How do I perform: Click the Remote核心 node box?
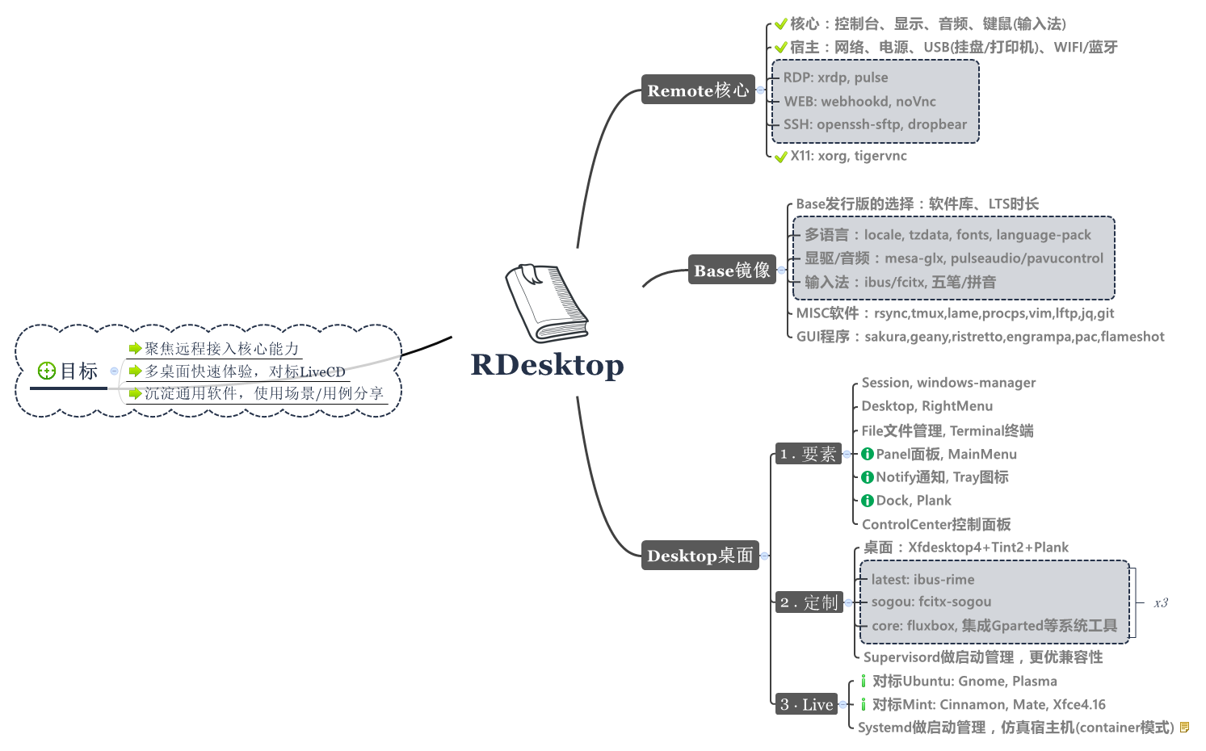pos(698,90)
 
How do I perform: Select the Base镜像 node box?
pos(732,270)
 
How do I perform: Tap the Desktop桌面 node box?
pos(700,556)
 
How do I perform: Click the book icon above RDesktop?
pos(546,303)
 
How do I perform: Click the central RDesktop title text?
pos(547,365)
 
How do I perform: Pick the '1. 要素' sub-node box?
pos(807,454)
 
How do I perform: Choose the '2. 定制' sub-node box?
pos(808,602)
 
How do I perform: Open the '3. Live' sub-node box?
pos(805,704)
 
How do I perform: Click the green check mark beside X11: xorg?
pos(780,157)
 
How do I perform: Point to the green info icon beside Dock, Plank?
pos(868,501)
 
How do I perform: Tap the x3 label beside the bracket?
pos(1161,602)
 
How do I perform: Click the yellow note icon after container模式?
pos(1184,728)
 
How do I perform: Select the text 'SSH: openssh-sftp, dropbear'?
pos(875,124)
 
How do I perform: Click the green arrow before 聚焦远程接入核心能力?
pos(135,349)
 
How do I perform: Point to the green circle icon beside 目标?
pos(47,371)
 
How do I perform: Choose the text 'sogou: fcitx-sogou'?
pos(931,602)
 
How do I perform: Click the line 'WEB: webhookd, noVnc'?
pos(859,102)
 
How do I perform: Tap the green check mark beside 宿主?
pos(780,48)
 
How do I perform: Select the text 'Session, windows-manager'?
pos(948,383)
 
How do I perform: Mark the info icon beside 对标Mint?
pos(863,705)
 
